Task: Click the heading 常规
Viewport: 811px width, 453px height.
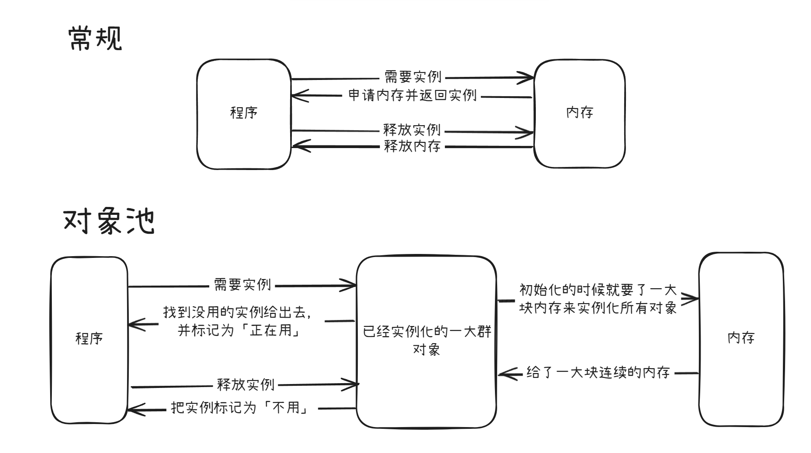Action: click(x=95, y=38)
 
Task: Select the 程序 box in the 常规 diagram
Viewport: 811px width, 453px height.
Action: click(x=244, y=113)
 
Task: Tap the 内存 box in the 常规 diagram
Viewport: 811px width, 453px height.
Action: click(x=579, y=113)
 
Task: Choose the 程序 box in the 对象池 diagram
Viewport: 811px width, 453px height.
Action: click(x=89, y=339)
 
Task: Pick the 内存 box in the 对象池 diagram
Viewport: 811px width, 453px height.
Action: click(x=741, y=338)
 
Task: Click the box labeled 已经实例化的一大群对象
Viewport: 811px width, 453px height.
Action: click(x=426, y=341)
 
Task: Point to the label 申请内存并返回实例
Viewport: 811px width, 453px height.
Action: click(x=412, y=96)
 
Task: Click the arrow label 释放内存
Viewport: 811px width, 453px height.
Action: click(x=412, y=146)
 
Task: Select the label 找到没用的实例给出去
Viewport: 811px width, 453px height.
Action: click(x=237, y=312)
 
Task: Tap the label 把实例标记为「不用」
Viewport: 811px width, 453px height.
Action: click(x=240, y=408)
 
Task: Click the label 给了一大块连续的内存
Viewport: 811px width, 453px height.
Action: click(x=598, y=373)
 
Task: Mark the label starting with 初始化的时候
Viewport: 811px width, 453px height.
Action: click(x=598, y=299)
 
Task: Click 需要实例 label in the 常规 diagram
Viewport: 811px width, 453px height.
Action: click(x=412, y=77)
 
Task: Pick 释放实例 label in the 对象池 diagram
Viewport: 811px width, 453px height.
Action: click(x=246, y=385)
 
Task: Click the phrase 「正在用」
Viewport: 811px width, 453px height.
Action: click(x=275, y=330)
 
